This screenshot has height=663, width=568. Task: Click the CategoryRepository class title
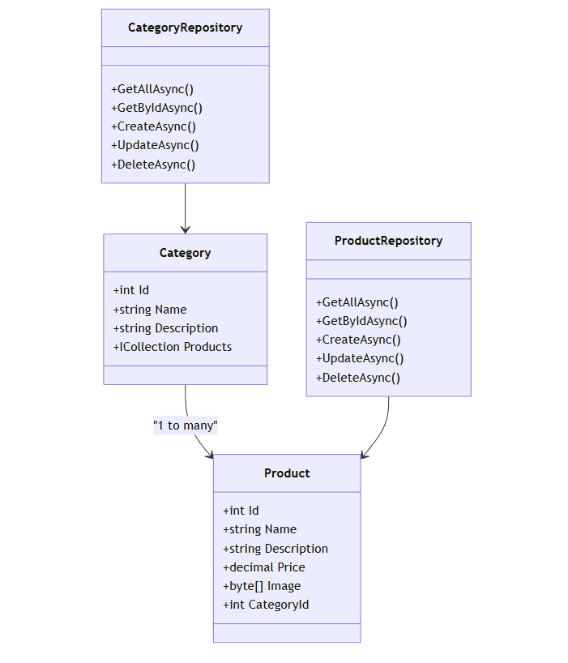pyautogui.click(x=185, y=28)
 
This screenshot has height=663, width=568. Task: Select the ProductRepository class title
pyautogui.click(x=388, y=241)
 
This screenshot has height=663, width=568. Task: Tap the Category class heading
pyautogui.click(x=185, y=253)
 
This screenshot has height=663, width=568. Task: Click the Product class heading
pyautogui.click(x=287, y=473)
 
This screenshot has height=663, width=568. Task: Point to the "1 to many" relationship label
pyautogui.click(x=186, y=425)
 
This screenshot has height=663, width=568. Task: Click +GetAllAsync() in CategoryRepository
pyautogui.click(x=152, y=89)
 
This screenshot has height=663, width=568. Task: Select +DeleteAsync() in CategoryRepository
pyautogui.click(x=153, y=164)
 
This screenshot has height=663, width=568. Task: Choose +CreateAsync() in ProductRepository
pyautogui.click(x=358, y=340)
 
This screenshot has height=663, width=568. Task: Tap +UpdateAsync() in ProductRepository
pyautogui.click(x=360, y=358)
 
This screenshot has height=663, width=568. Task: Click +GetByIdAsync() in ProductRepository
pyautogui.click(x=361, y=321)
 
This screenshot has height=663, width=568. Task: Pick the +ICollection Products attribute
pyautogui.click(x=173, y=347)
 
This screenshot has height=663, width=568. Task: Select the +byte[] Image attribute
pyautogui.click(x=262, y=586)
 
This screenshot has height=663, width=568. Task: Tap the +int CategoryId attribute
pyautogui.click(x=266, y=605)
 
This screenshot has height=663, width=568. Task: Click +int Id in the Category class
pyautogui.click(x=131, y=290)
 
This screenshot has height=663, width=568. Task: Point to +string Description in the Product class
pyautogui.click(x=275, y=549)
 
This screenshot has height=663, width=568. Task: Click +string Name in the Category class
pyautogui.click(x=150, y=310)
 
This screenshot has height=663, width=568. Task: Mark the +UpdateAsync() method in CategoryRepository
pyautogui.click(x=155, y=145)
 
